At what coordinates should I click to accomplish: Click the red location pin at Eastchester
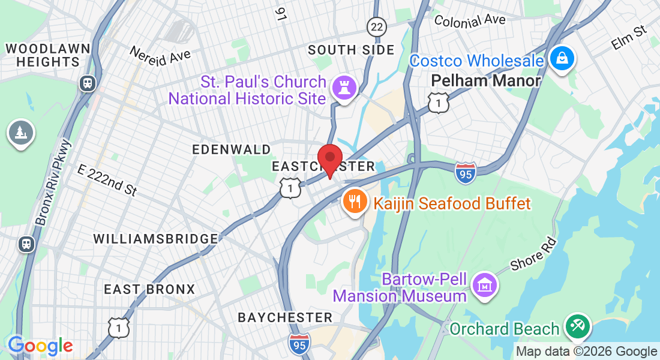click(329, 158)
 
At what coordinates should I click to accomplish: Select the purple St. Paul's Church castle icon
click(345, 88)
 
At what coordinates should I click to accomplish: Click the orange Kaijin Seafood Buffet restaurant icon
click(355, 202)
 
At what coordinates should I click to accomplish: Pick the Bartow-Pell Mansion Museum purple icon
click(484, 284)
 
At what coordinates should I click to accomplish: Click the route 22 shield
click(376, 26)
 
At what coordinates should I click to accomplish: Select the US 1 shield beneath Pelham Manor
click(439, 103)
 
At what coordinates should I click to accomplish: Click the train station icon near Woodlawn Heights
click(88, 83)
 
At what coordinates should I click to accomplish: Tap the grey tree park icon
click(21, 133)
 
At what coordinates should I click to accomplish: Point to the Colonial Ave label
click(470, 20)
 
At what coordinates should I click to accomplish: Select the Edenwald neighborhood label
click(231, 149)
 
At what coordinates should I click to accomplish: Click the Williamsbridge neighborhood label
click(155, 239)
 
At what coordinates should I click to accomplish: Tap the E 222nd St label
click(107, 180)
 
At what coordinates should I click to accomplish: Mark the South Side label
click(351, 50)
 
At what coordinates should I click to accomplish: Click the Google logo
click(40, 346)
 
